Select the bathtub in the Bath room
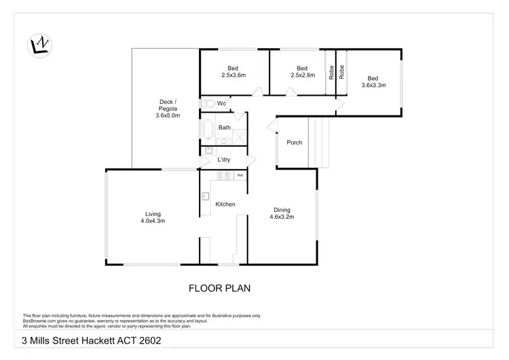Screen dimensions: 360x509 (x=208, y=130)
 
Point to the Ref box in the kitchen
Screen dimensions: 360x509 (x=240, y=175)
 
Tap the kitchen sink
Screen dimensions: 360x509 (x=205, y=197)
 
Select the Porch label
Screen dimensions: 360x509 (x=295, y=143)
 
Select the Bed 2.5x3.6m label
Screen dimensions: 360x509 (x=233, y=71)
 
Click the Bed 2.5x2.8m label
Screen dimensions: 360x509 (x=302, y=71)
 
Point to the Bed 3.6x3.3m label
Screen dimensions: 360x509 (x=373, y=82)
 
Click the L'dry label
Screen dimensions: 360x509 (x=223, y=160)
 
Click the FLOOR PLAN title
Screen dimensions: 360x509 (x=219, y=288)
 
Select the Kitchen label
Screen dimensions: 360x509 (x=225, y=204)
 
